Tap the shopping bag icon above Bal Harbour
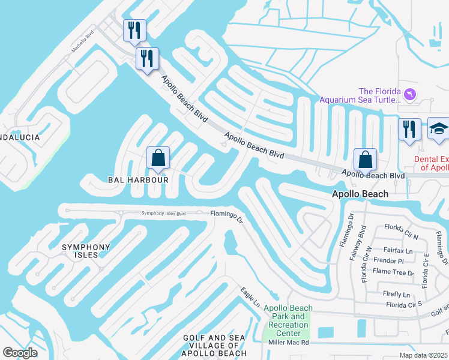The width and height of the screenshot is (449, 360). point(158,159)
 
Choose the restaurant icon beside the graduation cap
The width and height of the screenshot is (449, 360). point(409,130)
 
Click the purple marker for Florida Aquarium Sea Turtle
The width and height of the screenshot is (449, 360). point(410,94)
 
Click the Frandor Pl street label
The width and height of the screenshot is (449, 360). point(388,262)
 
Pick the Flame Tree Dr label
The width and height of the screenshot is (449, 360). point(394,272)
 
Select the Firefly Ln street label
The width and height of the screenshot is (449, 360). point(397,295)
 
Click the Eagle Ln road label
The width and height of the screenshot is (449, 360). point(251,298)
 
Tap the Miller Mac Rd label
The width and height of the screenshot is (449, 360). point(288,343)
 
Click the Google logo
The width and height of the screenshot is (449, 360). point(20,353)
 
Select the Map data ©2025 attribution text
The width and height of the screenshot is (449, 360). point(424,355)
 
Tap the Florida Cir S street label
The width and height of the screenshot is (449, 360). point(404,305)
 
